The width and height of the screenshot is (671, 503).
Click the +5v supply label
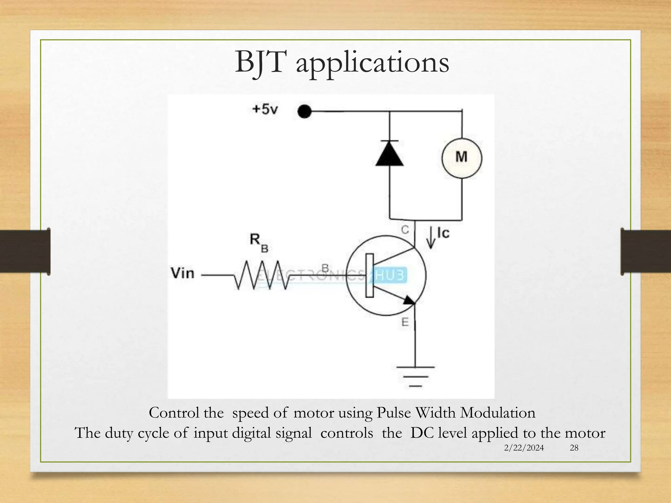pos(265,109)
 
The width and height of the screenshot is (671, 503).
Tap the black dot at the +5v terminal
pos(304,112)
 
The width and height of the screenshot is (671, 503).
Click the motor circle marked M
pos(462,158)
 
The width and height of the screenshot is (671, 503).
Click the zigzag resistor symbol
pos(262,275)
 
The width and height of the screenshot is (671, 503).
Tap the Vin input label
pos(182,273)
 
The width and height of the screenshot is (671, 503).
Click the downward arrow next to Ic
pos(431,238)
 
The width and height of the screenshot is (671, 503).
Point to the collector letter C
pos(405,230)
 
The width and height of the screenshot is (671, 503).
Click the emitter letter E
pos(405,323)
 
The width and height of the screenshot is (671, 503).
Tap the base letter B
pos(325,269)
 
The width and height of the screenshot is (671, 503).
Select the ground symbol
pos(415,377)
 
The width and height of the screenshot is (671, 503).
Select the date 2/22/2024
pos(524,448)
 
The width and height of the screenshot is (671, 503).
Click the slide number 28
pos(574,448)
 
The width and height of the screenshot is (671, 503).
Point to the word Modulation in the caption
pos(498,413)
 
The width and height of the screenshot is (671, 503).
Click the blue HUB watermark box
pos(390,275)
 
